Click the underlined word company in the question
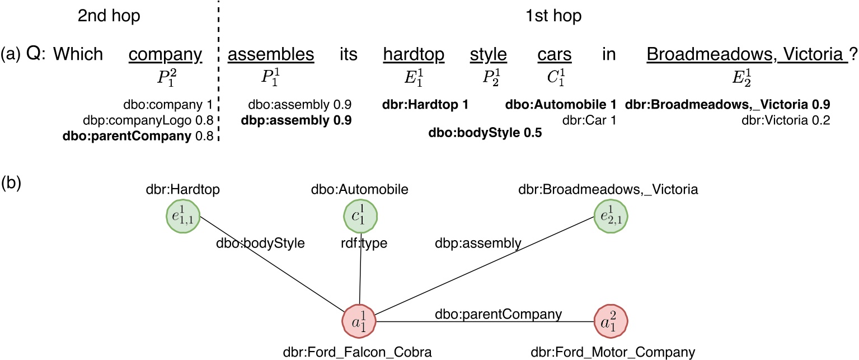165,54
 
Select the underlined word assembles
271,54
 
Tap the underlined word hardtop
414,54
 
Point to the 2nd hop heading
109,16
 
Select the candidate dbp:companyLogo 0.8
168,120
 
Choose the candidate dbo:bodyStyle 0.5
485,134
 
